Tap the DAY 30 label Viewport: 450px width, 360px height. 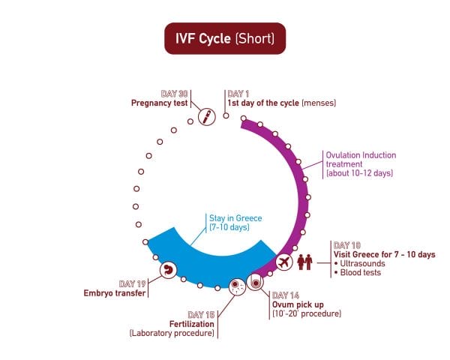point(174,94)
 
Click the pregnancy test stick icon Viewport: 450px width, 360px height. point(206,118)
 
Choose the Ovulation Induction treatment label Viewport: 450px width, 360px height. point(360,164)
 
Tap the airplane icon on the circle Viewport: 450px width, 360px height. point(284,262)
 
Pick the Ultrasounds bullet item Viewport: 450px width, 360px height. point(361,264)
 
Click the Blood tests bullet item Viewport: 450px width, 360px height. point(361,273)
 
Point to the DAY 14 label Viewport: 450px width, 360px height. point(286,295)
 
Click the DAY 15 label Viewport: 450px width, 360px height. point(201,314)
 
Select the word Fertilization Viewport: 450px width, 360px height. point(189,323)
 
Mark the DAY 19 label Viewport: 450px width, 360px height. point(131,283)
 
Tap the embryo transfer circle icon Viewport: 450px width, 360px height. point(169,270)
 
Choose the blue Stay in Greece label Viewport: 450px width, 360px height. point(235,223)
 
